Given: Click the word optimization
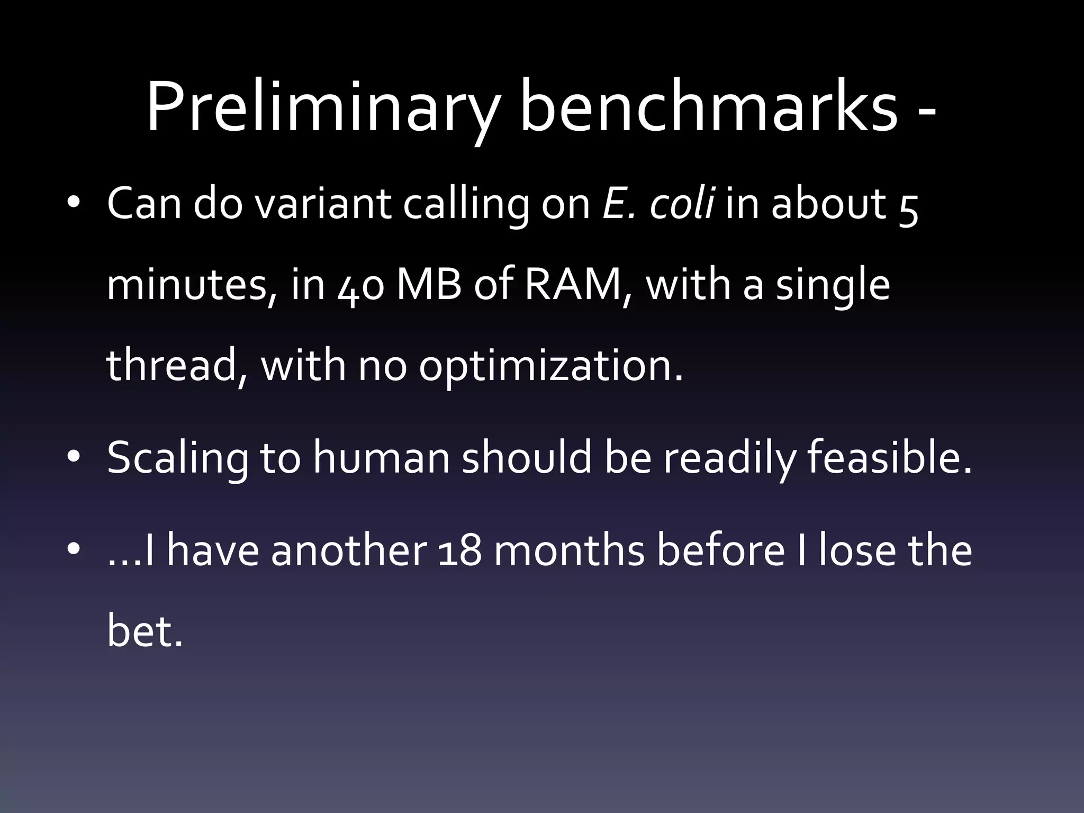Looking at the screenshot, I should click(550, 367).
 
